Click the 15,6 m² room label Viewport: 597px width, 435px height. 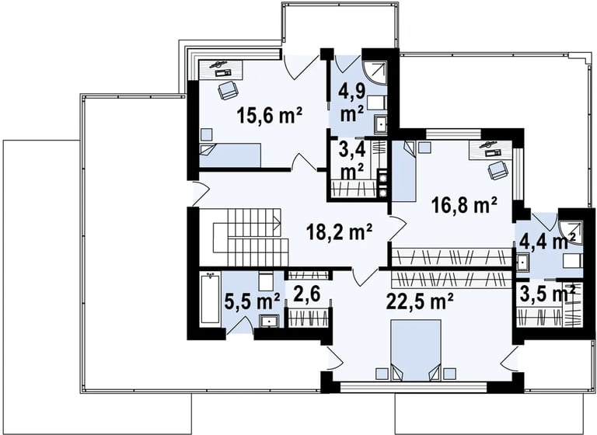coord(270,115)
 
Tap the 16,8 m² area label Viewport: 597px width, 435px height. coord(464,206)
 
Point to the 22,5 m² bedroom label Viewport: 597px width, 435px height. coord(420,301)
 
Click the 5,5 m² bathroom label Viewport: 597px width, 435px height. coord(253,301)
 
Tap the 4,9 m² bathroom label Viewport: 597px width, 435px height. coord(352,103)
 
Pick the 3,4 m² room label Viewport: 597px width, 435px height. coord(352,161)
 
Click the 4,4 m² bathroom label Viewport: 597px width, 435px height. coord(547,242)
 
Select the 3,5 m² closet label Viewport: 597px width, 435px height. coord(547,294)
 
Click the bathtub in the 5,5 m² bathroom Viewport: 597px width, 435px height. coord(210,300)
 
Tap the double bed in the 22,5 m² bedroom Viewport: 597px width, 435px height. coord(416,350)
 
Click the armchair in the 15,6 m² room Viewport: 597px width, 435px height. coord(228,91)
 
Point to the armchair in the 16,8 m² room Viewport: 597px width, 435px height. coord(497,170)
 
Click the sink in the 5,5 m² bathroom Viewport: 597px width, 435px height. coord(270,322)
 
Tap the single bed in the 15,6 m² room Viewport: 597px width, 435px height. coord(230,155)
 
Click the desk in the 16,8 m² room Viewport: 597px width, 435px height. coord(490,149)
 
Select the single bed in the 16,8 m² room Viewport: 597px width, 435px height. coord(404,171)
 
